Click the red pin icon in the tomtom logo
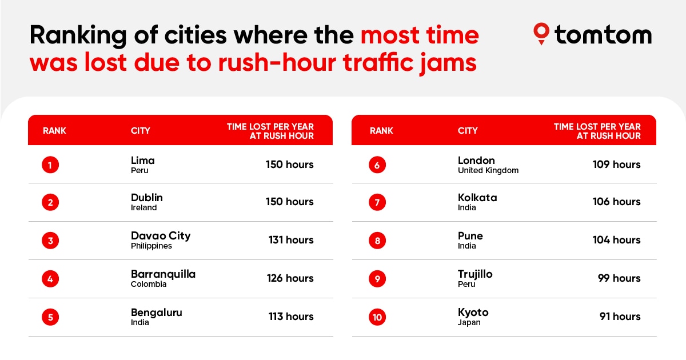pos(541,34)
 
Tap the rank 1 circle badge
pos(50,165)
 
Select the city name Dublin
pos(147,198)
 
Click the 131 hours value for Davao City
pos(291,240)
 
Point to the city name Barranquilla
pos(163,274)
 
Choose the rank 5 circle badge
pos(50,317)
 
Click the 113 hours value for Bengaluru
pos(291,317)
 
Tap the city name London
pos(476,161)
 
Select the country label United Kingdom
pos(488,171)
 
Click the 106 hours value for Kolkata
pos(616,202)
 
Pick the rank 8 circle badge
pos(377,241)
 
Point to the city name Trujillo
pos(475,274)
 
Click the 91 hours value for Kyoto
pos(620,317)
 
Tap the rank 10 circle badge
pos(377,317)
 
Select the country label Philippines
pos(151,246)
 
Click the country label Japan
pos(469,323)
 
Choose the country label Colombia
pos(149,285)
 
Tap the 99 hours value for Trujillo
pos(620,278)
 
